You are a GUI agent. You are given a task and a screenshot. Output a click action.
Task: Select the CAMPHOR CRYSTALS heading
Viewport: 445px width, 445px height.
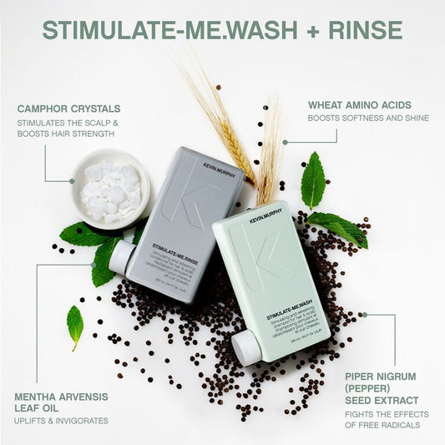click(68, 109)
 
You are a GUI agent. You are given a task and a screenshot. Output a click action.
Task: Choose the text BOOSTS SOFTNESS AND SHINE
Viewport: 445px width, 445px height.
click(368, 119)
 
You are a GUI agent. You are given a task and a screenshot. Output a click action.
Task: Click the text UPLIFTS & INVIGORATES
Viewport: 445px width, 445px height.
click(61, 420)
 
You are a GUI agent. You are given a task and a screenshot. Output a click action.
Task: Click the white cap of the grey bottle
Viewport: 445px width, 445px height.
click(122, 254)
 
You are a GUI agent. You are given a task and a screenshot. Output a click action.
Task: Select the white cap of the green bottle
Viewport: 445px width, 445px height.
click(246, 347)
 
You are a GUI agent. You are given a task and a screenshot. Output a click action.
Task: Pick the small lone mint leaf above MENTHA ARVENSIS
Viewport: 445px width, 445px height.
click(75, 324)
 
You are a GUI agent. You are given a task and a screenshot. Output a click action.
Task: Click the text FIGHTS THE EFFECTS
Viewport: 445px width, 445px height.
click(388, 414)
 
